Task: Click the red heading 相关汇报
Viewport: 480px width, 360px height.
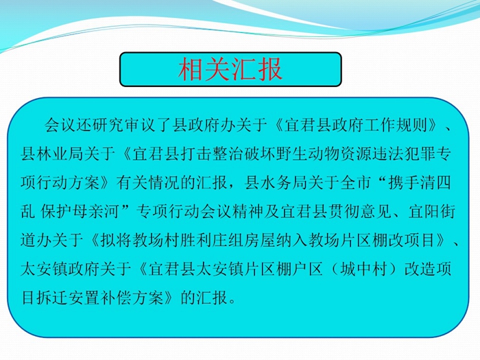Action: [x=230, y=69]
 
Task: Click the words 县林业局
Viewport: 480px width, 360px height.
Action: [x=53, y=153]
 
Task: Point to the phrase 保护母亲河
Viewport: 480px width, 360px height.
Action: [x=80, y=211]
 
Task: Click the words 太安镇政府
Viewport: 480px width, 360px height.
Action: [x=60, y=269]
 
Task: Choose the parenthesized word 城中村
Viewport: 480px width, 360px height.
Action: [x=363, y=269]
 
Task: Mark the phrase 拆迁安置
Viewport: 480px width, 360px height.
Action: [x=69, y=297]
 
